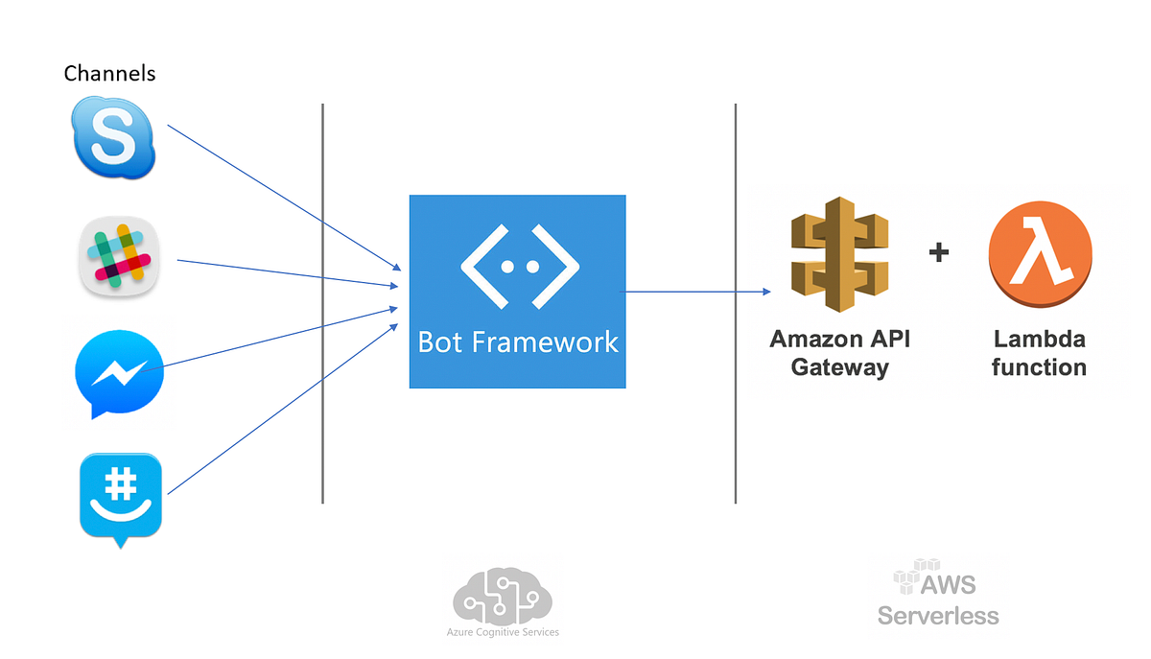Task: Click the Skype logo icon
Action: [x=114, y=140]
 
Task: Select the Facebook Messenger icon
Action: [x=119, y=372]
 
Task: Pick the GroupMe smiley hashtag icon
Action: [x=120, y=497]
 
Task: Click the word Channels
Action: [x=109, y=73]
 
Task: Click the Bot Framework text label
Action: [x=518, y=341]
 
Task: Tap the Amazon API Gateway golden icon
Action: [x=839, y=255]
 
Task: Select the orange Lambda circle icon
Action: [x=1040, y=254]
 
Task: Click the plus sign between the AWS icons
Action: [x=939, y=252]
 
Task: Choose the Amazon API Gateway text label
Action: [x=839, y=353]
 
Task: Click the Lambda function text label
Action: [x=1039, y=353]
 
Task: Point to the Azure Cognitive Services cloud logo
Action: [x=502, y=596]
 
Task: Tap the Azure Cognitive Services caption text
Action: [x=503, y=632]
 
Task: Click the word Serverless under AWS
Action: [x=937, y=615]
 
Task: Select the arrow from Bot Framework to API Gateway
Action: [x=698, y=291]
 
